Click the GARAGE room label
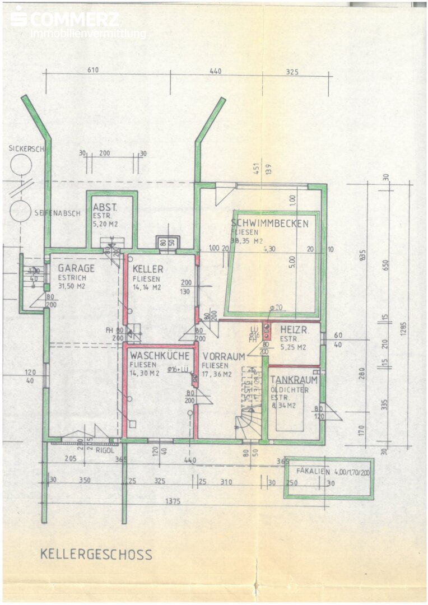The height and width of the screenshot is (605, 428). point(76,268)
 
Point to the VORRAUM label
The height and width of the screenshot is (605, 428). point(224,356)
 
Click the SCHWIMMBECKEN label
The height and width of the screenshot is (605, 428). point(269,224)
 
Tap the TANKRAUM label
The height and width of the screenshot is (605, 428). point(294,380)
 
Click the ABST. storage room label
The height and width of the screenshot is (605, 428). point(105,206)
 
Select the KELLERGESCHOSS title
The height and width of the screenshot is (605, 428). point(96,555)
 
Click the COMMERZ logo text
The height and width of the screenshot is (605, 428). point(73,19)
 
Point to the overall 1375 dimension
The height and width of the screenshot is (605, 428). point(173,502)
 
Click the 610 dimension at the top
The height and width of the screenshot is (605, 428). point(93,70)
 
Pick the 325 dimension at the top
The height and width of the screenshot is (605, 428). point(292,71)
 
